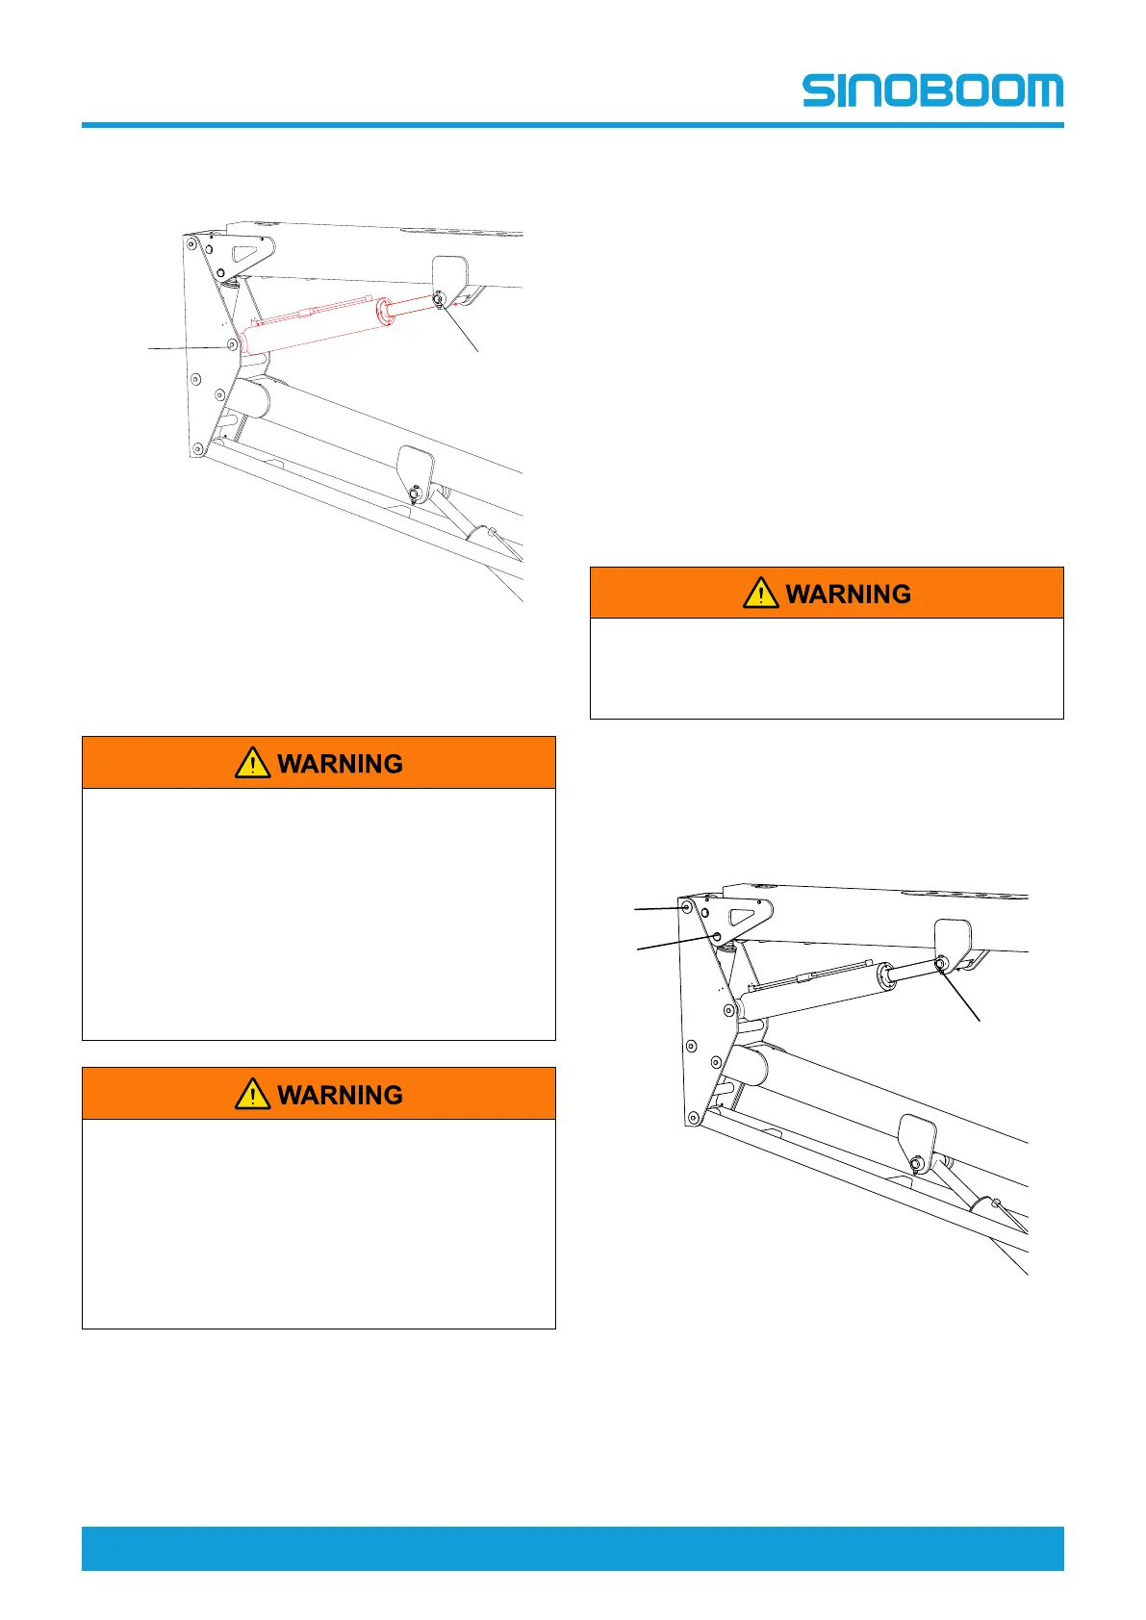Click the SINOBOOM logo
click(932, 89)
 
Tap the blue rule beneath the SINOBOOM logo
click(573, 125)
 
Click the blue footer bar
click(573, 1547)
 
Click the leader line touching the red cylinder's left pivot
click(188, 347)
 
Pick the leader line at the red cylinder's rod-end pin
click(460, 328)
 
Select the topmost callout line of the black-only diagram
click(657, 907)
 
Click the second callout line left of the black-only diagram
click(674, 943)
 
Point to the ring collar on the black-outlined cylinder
click(884, 976)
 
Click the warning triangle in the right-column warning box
click(760, 593)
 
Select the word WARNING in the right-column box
click(848, 594)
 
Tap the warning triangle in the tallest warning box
click(252, 763)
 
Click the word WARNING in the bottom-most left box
click(340, 1095)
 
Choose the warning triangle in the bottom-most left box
click(252, 1094)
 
